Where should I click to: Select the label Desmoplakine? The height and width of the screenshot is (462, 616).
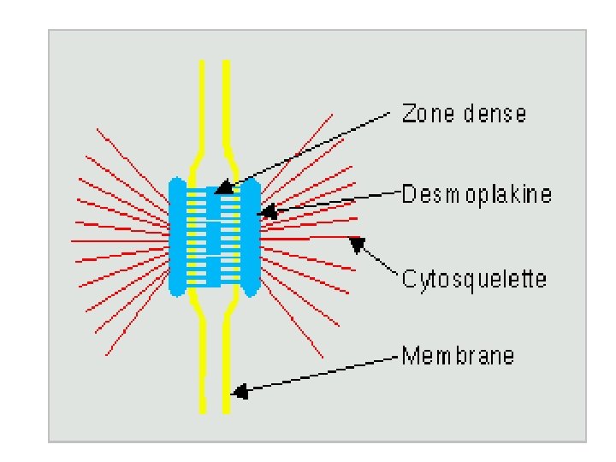coord(477,194)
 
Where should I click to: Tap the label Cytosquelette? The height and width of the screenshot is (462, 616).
coord(474,279)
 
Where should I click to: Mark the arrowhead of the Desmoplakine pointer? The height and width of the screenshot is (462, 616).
coord(265,210)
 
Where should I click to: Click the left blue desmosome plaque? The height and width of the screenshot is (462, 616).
coord(179,237)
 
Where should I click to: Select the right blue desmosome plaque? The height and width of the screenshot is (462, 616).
coord(250,237)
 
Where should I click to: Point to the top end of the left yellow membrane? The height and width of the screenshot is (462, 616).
coord(202,62)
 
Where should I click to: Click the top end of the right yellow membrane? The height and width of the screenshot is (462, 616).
coord(226,62)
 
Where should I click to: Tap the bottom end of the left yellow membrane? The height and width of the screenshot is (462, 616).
coord(203,411)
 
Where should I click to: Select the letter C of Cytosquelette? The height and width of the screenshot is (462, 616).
coord(409,279)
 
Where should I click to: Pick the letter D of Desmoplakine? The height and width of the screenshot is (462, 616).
coord(410,194)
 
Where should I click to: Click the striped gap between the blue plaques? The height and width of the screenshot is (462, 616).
coord(214,237)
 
